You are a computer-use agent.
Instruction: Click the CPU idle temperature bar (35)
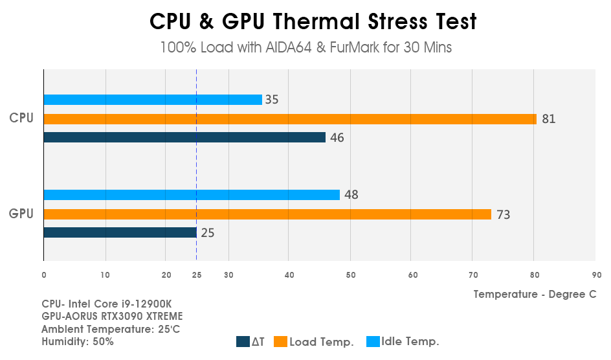point(153,100)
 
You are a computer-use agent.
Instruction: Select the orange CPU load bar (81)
point(290,119)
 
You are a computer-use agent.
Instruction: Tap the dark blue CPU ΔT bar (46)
point(184,137)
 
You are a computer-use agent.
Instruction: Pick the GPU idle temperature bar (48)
point(192,195)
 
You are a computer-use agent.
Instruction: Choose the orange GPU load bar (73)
point(267,214)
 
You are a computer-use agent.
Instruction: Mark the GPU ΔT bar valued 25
point(120,232)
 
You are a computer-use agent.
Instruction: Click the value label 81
point(549,119)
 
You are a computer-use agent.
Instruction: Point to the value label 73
point(503,214)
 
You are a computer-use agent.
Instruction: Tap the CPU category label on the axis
point(21,118)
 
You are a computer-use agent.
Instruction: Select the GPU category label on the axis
point(21,214)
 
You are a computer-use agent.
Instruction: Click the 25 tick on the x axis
point(197,275)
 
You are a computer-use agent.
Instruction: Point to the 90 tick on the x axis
point(596,275)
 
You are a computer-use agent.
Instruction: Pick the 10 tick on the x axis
point(105,275)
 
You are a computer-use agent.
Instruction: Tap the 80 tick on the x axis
point(534,275)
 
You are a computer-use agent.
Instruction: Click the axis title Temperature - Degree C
point(535,294)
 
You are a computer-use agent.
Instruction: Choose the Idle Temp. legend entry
point(410,341)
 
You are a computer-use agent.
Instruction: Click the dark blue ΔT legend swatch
point(243,342)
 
